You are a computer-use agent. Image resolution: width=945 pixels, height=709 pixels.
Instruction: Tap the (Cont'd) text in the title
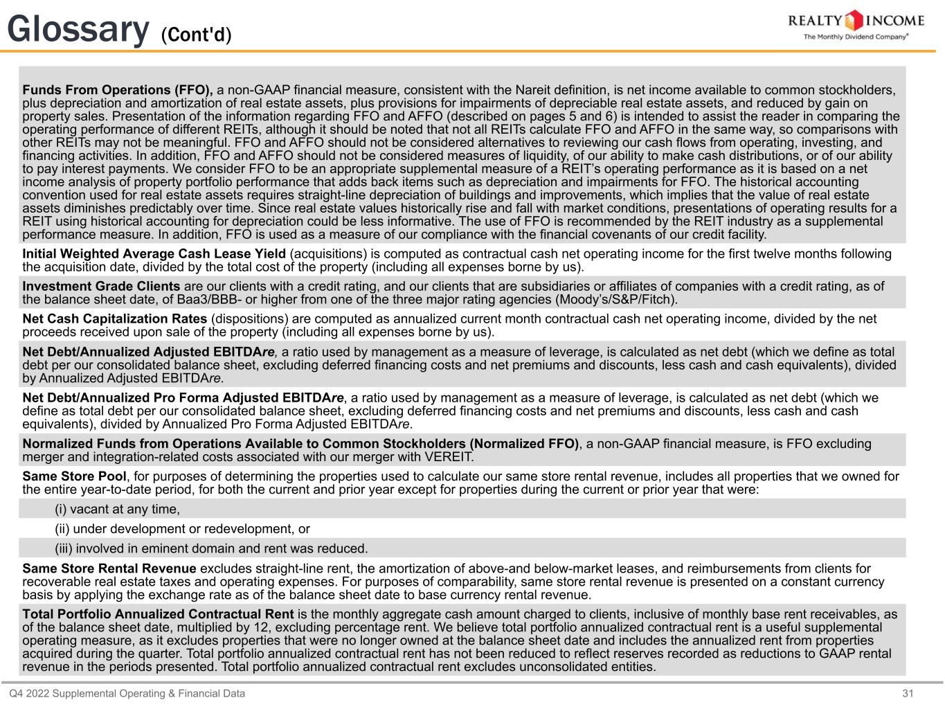tap(196, 35)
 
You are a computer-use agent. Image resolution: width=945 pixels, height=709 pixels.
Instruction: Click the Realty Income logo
tap(856, 20)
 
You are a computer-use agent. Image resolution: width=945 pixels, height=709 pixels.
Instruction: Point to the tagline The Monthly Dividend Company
tap(856, 37)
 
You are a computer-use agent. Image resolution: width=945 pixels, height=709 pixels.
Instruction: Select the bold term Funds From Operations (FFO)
tap(117, 90)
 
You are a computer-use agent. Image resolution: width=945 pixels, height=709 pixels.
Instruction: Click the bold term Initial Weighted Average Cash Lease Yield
tap(154, 253)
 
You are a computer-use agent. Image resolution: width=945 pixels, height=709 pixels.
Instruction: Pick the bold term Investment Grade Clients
tap(101, 286)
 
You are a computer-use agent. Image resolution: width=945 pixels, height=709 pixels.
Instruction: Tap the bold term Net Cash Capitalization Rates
tap(114, 318)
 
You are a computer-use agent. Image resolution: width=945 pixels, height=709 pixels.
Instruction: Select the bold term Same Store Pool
tap(74, 476)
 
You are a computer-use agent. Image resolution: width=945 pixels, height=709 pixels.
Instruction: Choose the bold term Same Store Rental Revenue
tap(109, 568)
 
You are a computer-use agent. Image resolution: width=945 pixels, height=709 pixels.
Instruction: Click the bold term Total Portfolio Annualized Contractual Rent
tap(158, 614)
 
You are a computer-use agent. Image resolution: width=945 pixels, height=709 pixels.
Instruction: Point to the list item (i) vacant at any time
tap(117, 509)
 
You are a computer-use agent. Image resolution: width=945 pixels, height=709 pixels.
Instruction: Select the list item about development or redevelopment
tap(182, 529)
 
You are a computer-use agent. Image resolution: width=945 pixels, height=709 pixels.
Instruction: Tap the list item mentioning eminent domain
tap(211, 548)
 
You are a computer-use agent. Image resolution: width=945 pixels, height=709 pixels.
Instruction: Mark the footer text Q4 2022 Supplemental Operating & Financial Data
tap(127, 693)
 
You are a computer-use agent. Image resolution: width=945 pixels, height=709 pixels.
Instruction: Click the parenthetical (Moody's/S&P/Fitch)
tap(616, 300)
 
